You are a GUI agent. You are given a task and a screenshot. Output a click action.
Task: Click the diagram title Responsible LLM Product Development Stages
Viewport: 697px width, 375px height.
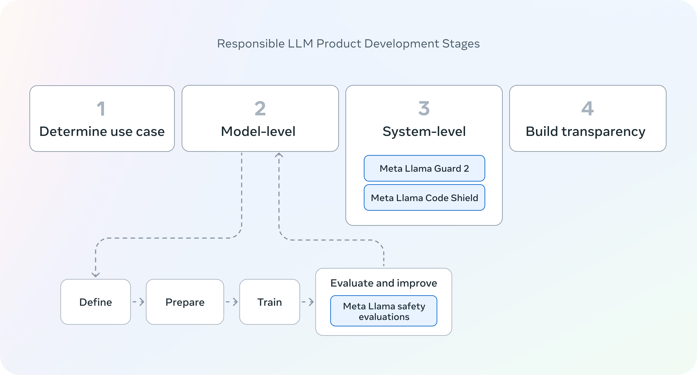[348, 44]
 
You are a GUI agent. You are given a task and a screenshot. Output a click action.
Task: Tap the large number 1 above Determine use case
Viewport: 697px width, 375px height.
[101, 108]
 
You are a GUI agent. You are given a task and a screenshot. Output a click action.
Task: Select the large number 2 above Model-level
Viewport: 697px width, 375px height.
[260, 108]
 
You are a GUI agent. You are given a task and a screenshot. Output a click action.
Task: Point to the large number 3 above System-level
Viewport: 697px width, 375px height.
[424, 108]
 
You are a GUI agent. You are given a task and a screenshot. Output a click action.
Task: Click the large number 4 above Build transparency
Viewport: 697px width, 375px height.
[587, 108]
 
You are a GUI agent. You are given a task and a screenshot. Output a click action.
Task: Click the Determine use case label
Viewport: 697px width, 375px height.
[102, 131]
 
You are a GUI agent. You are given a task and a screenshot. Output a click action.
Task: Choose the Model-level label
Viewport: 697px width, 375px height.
[258, 131]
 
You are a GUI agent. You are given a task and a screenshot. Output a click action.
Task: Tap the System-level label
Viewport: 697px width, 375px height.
[424, 131]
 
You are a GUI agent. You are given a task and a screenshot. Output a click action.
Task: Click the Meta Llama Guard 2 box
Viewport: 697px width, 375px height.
[424, 168]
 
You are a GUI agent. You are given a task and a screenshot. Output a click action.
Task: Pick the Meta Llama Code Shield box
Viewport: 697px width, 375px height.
[424, 198]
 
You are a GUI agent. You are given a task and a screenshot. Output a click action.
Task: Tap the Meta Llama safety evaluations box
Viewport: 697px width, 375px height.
[384, 311]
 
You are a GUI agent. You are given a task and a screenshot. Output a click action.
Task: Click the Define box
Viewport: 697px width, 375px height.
[95, 302]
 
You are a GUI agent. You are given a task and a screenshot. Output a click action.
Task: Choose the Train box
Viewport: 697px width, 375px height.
[269, 302]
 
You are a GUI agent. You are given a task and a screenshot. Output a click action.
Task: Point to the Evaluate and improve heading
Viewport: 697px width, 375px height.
[384, 283]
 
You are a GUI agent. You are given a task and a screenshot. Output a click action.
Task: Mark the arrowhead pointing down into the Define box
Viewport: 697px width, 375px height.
[95, 275]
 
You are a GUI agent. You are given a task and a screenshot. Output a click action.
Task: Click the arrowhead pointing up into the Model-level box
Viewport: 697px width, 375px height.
[279, 155]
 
